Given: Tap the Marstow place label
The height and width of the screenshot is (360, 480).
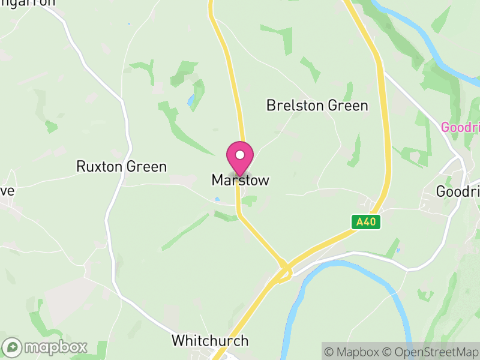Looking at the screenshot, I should click(240, 181).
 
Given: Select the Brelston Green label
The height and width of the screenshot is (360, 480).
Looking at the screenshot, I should click(317, 106).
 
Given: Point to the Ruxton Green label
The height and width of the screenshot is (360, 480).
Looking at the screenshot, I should click(121, 167).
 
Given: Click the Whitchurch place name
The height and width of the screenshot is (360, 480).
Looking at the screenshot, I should click(209, 341).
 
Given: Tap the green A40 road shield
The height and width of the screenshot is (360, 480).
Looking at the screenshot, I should click(366, 222).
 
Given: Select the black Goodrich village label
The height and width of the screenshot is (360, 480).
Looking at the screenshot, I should click(458, 191).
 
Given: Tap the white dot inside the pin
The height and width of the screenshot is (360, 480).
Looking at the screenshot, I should click(240, 155).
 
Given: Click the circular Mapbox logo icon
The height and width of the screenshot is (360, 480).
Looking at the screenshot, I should click(13, 347).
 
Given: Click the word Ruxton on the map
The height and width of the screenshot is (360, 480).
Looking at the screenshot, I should click(98, 167).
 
